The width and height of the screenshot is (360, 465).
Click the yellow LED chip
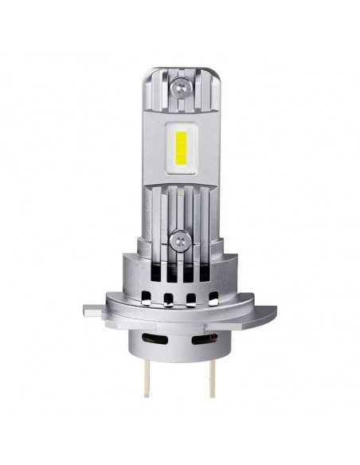(180, 147)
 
